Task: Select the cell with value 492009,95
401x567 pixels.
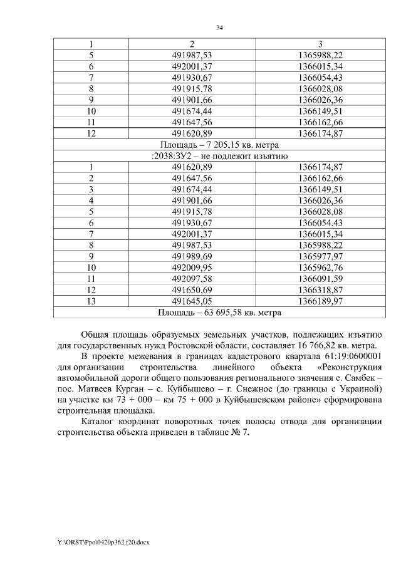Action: tap(192, 267)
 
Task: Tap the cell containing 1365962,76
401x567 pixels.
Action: tap(320, 267)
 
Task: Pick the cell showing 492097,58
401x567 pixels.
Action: tap(192, 278)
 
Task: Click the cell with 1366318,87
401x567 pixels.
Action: tap(320, 289)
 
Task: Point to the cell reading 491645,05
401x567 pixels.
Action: tap(192, 301)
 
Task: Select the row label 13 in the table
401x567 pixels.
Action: tap(91, 301)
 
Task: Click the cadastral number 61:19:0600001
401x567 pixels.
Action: tap(346, 356)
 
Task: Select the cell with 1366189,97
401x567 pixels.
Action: tap(320, 301)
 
